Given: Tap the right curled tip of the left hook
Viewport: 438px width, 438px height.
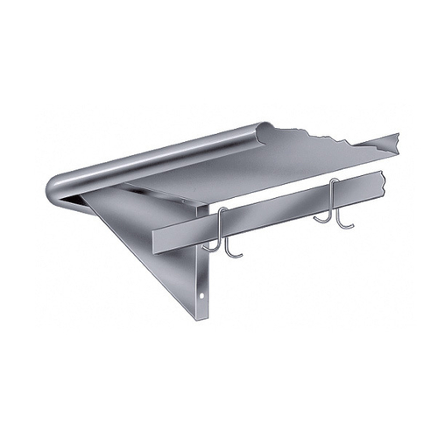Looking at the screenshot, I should click(236, 257).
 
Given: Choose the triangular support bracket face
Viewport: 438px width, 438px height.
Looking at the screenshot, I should click(166, 254).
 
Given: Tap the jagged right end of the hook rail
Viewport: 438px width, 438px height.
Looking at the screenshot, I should click(386, 187).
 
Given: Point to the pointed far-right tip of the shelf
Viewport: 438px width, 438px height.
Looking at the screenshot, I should click(399, 133).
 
